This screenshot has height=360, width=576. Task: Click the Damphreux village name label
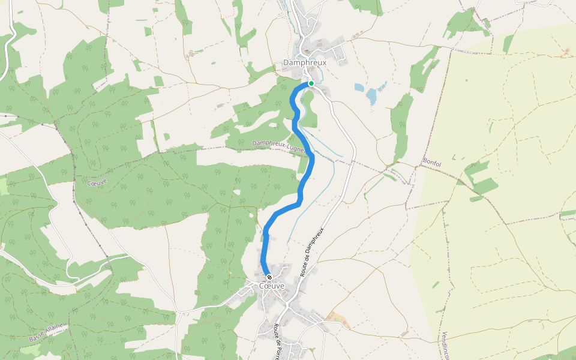[x=304, y=62]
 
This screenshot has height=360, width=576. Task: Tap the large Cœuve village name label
[x=271, y=286]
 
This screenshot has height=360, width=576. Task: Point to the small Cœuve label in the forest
[x=97, y=182]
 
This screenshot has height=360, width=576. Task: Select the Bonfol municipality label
[x=432, y=162]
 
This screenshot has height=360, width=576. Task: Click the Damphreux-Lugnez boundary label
[x=278, y=145]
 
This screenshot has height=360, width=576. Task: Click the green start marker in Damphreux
[x=311, y=83]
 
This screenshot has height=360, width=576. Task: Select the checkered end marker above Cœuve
[x=269, y=277]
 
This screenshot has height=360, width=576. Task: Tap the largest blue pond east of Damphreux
[x=373, y=95]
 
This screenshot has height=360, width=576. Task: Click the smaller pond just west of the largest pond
[x=359, y=88]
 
